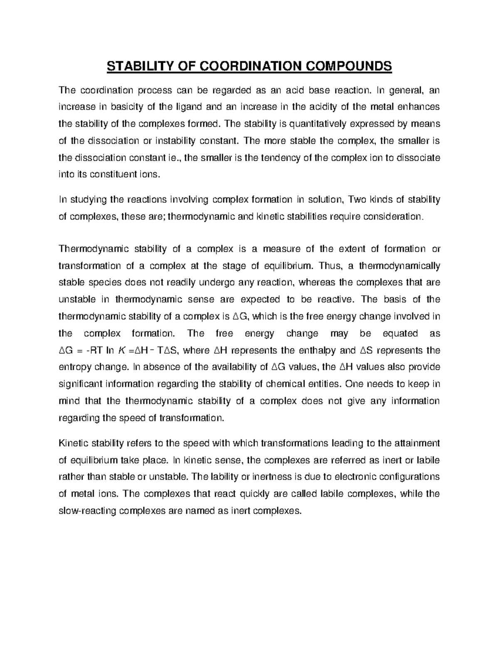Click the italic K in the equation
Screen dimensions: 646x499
121,351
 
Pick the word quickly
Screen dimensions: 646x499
252,494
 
